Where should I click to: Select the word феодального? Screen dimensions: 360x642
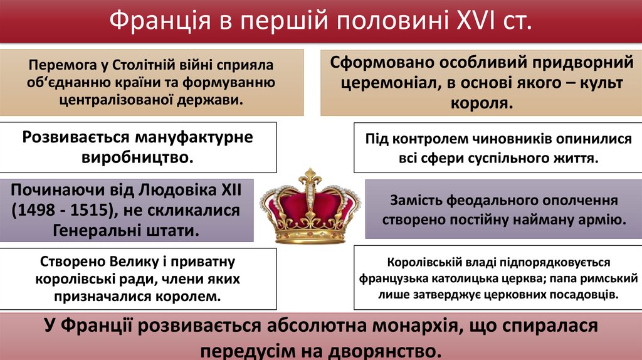pos(487,201)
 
